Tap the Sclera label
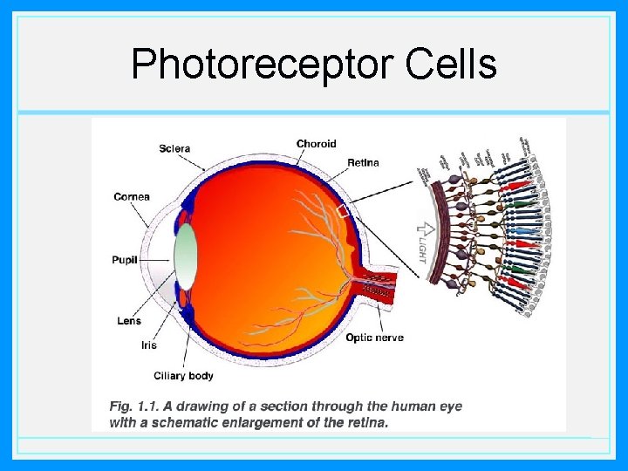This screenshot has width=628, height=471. (174, 148)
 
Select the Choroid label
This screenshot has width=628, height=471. (316, 144)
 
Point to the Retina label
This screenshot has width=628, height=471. (363, 162)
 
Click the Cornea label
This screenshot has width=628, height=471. (132, 196)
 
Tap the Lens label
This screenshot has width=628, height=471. (128, 321)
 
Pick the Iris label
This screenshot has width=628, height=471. (149, 345)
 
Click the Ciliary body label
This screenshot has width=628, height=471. (183, 376)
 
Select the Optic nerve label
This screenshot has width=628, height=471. (374, 338)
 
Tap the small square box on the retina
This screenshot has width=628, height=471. (343, 210)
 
